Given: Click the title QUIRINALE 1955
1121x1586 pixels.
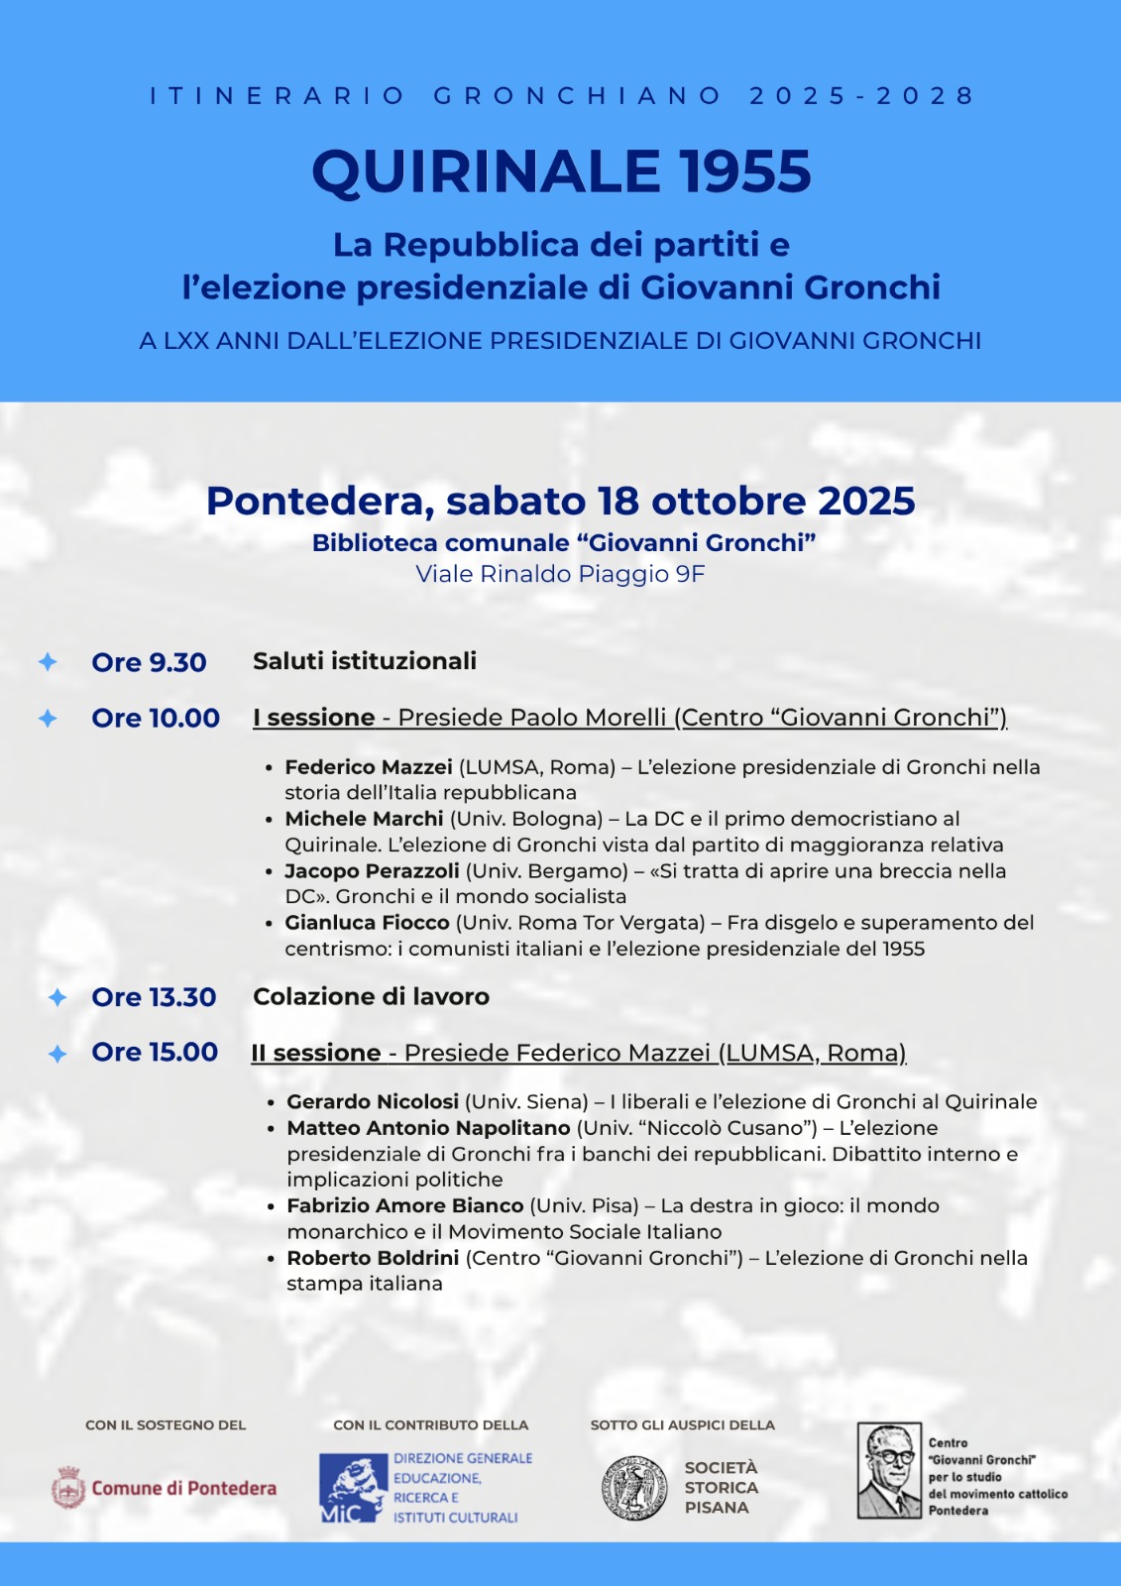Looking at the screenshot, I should (561, 171).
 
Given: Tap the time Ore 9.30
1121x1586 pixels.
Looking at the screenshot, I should (149, 662).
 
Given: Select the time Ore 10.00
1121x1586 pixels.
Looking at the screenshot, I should (156, 718).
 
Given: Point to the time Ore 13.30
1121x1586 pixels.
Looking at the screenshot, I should (154, 997).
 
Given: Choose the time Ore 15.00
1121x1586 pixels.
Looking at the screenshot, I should (155, 1052).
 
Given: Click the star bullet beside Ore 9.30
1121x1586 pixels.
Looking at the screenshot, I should (48, 661).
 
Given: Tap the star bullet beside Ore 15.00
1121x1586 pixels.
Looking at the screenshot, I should (57, 1054).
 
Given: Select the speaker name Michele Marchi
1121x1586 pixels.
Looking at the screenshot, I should (364, 819).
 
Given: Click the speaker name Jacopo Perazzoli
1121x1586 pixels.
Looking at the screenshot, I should (372, 870).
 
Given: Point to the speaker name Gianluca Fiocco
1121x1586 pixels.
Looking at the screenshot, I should (367, 923).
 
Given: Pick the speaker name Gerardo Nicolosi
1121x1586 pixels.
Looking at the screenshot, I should (373, 1101).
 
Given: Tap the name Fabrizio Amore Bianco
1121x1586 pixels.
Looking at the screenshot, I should (404, 1205).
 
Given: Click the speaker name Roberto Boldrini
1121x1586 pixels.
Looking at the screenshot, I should (373, 1258).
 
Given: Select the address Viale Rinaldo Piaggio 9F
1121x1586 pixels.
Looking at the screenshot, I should (560, 574).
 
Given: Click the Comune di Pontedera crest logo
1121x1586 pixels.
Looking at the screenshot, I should (68, 1488).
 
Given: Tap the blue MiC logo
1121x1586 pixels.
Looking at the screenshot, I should (353, 1488).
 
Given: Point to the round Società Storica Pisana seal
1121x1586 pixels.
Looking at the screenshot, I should (634, 1488).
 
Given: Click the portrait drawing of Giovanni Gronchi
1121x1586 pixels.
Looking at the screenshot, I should (889, 1471).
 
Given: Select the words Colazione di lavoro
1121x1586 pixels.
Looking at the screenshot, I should (371, 996).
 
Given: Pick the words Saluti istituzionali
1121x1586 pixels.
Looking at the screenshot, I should (365, 661).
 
